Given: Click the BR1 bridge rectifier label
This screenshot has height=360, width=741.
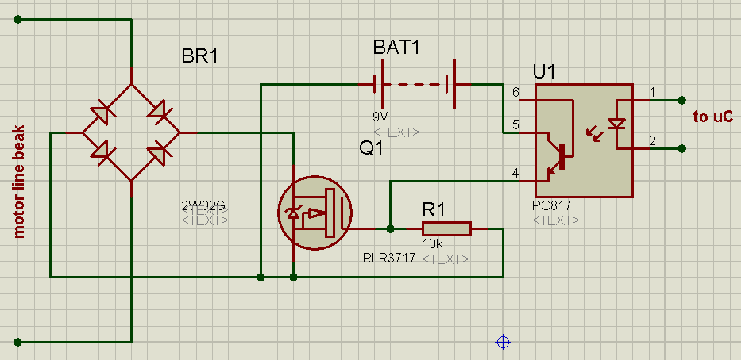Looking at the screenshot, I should [199, 56].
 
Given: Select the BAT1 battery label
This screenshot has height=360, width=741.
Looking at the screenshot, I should [396, 47].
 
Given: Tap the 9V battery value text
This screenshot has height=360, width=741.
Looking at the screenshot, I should [380, 116].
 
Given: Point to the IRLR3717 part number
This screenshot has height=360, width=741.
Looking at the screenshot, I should [388, 259].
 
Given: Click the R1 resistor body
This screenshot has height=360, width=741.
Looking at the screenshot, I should [446, 229].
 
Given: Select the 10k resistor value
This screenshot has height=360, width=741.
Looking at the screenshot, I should [432, 245].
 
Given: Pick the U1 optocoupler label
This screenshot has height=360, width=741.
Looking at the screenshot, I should [544, 72].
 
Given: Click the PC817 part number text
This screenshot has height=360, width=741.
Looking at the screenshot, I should [552, 205].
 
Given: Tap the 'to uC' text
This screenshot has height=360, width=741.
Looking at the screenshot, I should [712, 117].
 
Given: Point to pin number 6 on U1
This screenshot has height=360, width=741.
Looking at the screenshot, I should [515, 93].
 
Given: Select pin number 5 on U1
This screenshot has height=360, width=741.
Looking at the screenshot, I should [515, 124].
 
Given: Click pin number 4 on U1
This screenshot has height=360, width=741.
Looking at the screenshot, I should [515, 173].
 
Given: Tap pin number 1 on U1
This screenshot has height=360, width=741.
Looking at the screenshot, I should [652, 93].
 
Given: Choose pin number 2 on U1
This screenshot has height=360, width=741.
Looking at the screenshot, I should [652, 141].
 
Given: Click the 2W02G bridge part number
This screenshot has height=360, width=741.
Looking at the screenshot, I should [203, 206].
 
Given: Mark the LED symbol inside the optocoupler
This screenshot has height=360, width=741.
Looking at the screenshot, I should [616, 124].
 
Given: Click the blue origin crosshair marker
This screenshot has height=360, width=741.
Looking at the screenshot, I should [502, 342].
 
